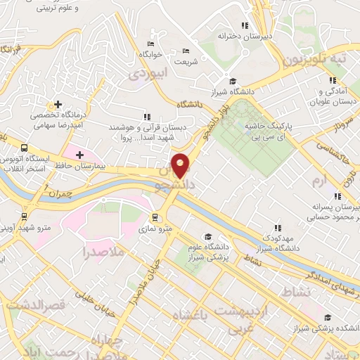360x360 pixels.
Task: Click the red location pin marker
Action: pos(181,166)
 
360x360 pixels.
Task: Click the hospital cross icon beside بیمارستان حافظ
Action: pos(79,155)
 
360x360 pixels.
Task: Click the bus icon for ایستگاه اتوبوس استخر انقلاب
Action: pos(25,148)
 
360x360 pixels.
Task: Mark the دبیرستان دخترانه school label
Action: pos(245,34)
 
